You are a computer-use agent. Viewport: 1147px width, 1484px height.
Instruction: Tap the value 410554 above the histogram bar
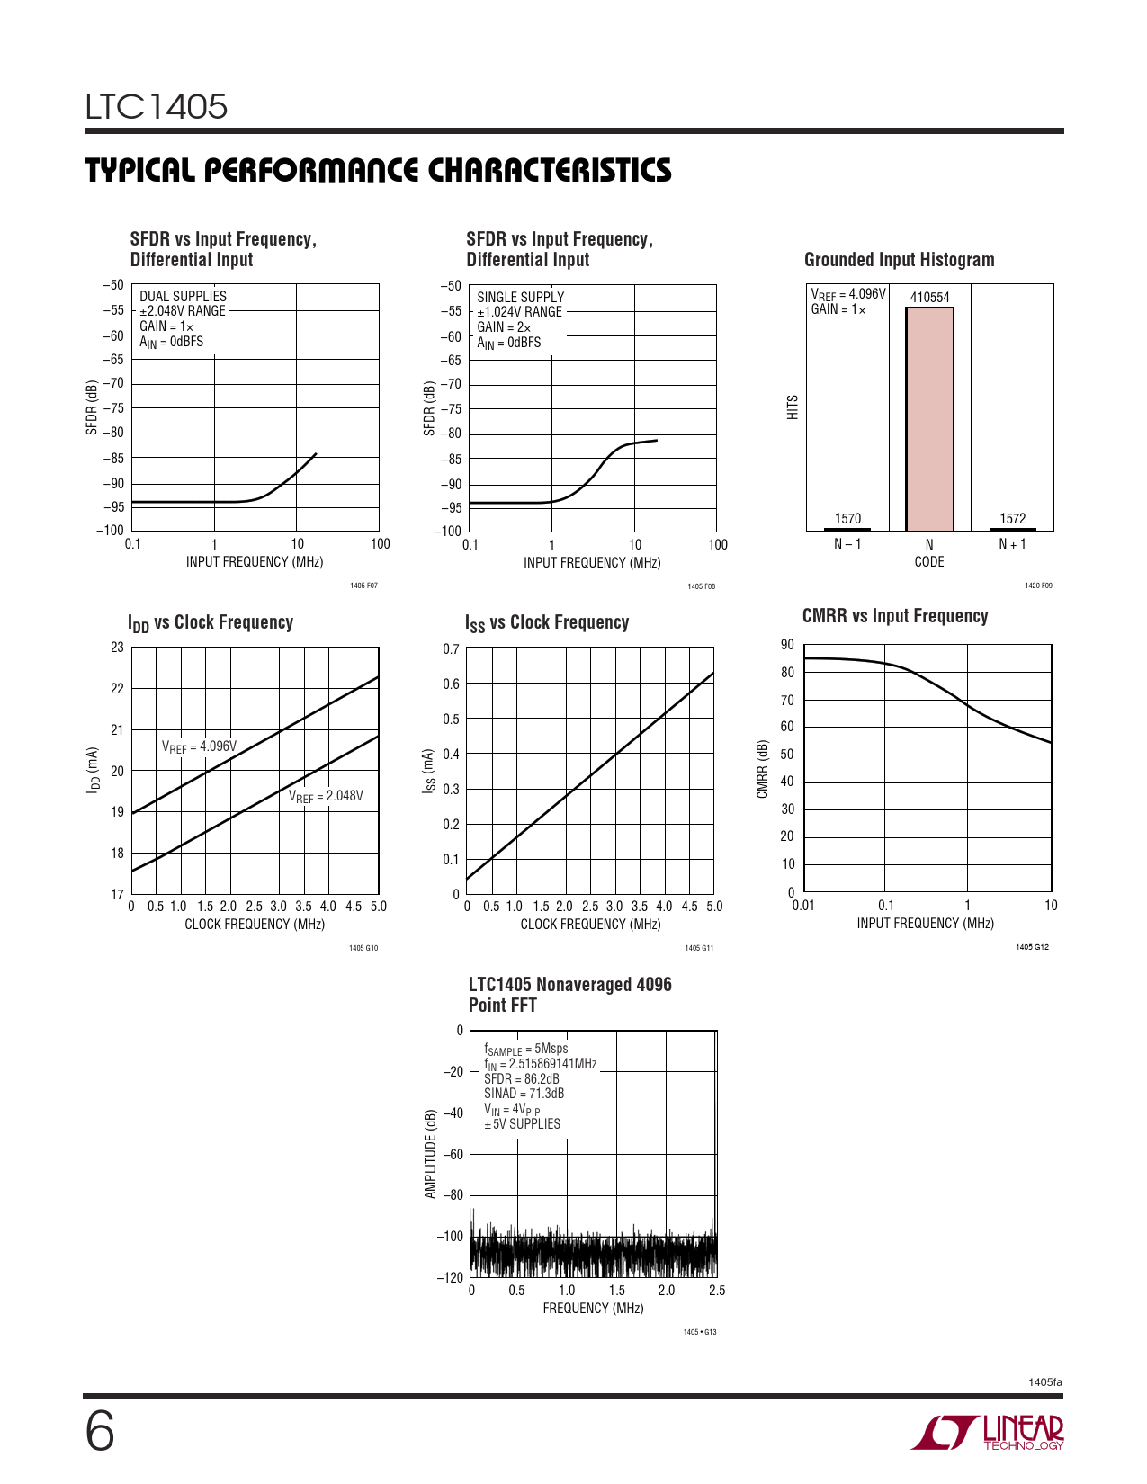(929, 298)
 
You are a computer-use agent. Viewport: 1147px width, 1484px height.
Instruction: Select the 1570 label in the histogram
(847, 519)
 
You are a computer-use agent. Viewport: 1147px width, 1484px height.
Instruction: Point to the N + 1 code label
(1012, 544)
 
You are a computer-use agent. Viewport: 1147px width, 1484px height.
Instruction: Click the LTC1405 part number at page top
(157, 107)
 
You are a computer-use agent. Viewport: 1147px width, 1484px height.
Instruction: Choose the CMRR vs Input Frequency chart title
(895, 616)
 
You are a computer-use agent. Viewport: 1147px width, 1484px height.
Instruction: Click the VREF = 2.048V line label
(326, 797)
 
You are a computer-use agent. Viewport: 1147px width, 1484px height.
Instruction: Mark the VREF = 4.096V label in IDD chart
(199, 746)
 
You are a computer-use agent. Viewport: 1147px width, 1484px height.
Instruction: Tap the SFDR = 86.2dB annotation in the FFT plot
(521, 1079)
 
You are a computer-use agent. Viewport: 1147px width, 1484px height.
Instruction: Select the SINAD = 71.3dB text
(524, 1094)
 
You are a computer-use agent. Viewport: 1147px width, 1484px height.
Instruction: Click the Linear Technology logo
(988, 1433)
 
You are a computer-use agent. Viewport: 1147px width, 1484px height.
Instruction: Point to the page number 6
(100, 1432)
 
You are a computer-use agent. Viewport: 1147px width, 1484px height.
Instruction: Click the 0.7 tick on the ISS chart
(451, 649)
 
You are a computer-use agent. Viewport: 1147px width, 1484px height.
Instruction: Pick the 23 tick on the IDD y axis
(117, 648)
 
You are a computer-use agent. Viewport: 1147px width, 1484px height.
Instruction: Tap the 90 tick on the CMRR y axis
(787, 645)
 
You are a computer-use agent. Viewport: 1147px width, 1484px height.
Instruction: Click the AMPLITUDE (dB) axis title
(430, 1154)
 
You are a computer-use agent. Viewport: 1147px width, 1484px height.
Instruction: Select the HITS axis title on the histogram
(793, 407)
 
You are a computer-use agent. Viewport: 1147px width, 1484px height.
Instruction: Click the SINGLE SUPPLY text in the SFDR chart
(520, 298)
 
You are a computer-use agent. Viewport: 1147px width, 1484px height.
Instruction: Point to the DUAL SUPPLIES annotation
(183, 297)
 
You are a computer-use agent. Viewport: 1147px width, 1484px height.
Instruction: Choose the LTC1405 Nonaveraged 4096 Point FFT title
(569, 995)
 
